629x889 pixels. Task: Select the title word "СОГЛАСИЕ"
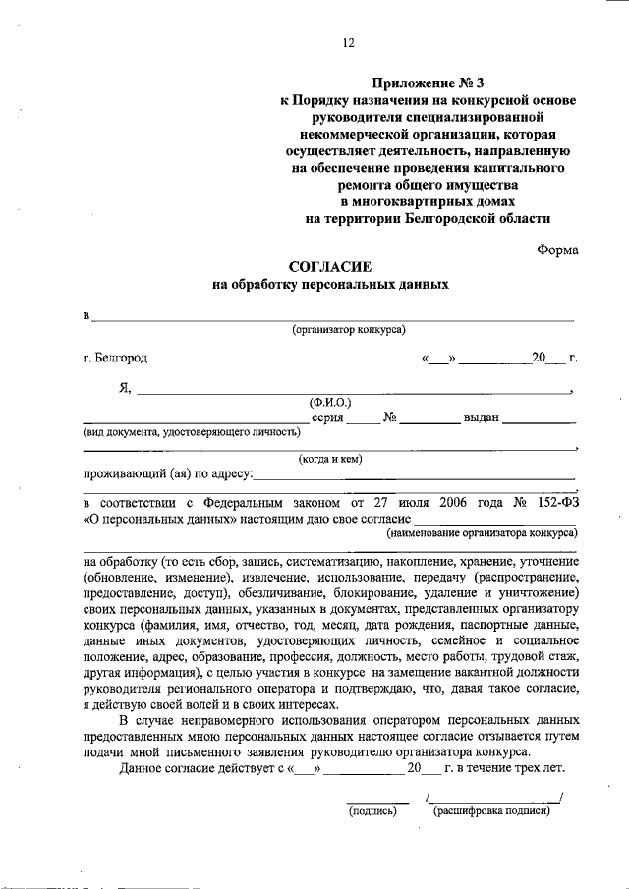click(x=330, y=267)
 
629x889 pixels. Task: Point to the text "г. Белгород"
click(x=116, y=360)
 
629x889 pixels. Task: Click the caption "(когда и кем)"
click(x=330, y=457)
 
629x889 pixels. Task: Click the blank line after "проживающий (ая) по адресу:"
click(x=413, y=476)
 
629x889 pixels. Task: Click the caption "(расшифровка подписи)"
click(x=490, y=811)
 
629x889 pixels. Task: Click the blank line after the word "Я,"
click(x=354, y=390)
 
